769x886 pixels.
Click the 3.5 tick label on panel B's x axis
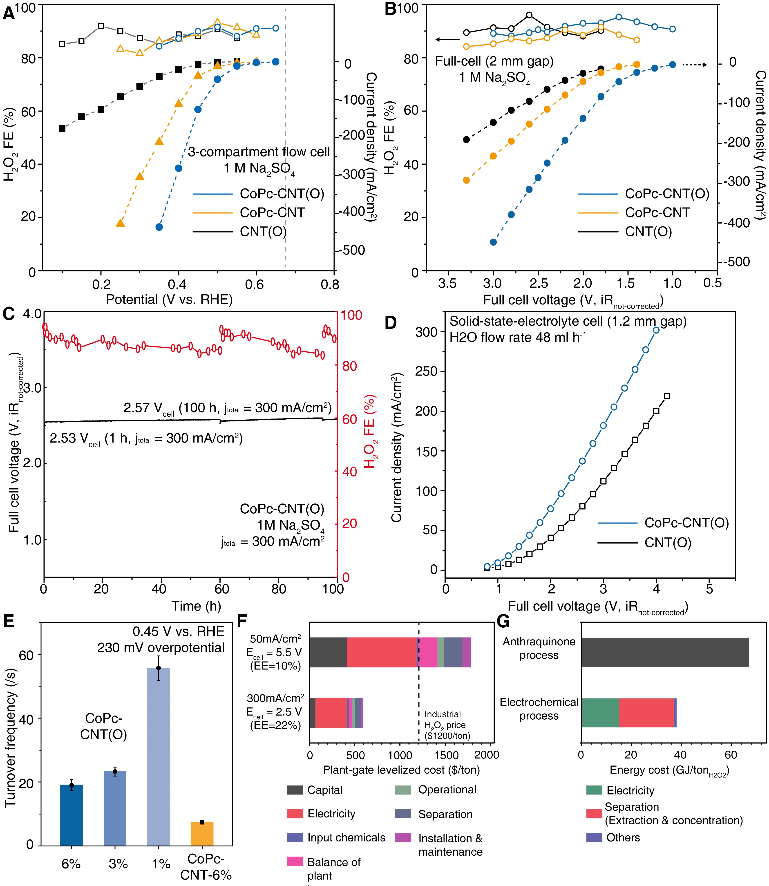pos(447,283)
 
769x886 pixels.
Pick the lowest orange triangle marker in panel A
pos(120,223)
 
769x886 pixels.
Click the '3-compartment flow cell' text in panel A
pos(259,152)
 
